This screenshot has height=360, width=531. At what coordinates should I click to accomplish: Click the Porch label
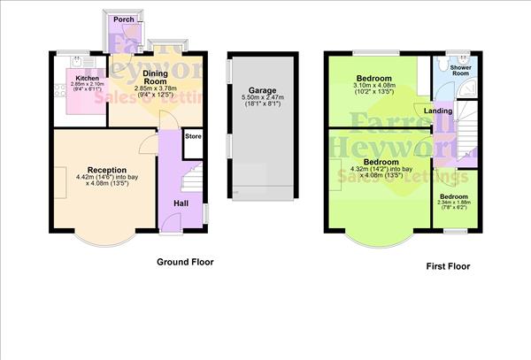click(x=123, y=19)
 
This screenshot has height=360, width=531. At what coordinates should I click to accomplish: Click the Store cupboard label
click(x=193, y=136)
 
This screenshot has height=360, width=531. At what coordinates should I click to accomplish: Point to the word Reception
click(x=106, y=170)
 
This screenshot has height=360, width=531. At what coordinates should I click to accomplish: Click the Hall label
click(x=180, y=204)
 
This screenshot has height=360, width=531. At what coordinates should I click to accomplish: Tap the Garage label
click(x=261, y=90)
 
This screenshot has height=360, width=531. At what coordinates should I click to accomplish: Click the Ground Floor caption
click(x=185, y=262)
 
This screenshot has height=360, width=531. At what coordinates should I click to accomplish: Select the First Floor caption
click(x=447, y=265)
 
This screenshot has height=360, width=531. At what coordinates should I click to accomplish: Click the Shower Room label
click(x=460, y=70)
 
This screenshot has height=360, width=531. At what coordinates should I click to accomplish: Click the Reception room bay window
click(x=104, y=235)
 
